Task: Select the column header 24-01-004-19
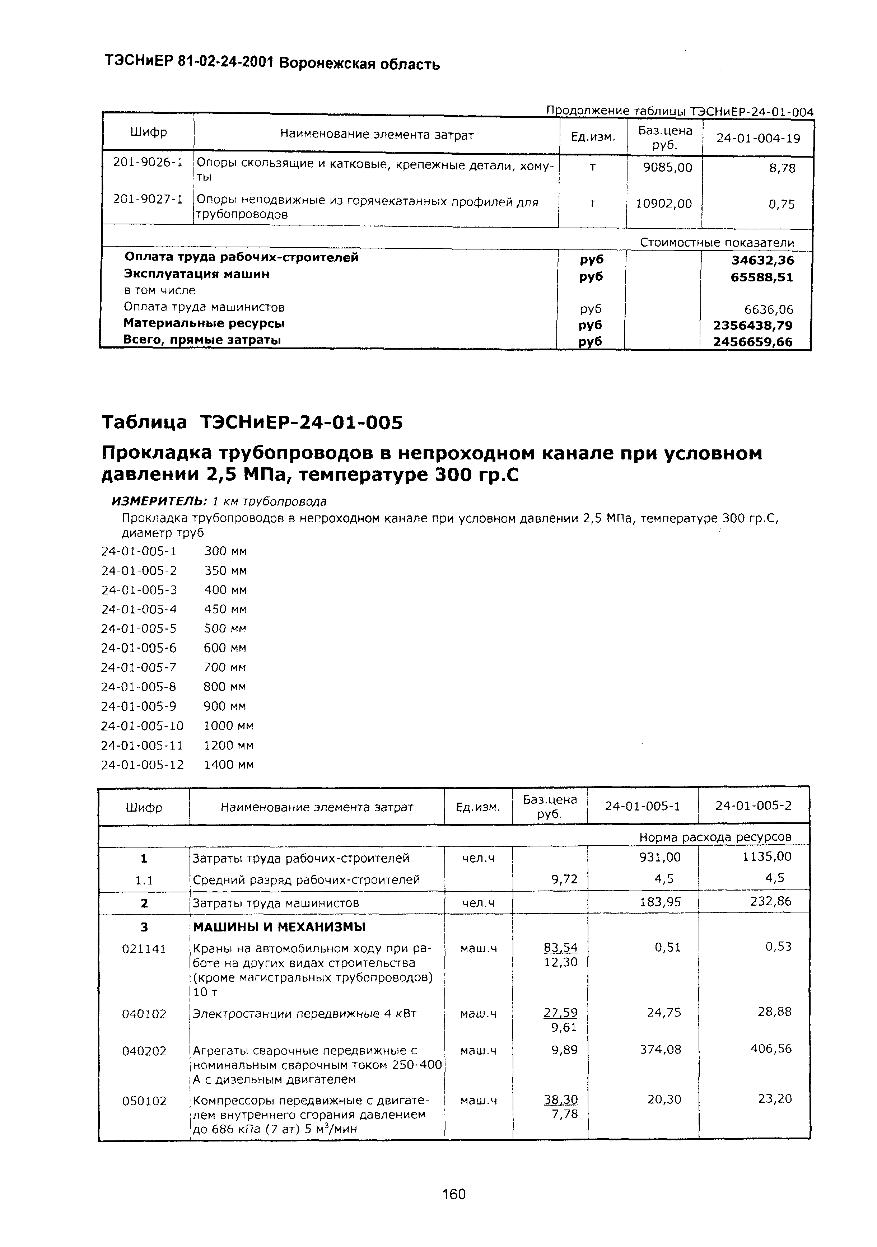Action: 758,139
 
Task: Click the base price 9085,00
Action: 667,168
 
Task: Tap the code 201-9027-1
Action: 148,199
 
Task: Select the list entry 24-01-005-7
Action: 139,667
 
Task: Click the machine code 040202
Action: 144,1051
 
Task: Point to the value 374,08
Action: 664,1049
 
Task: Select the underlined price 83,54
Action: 560,948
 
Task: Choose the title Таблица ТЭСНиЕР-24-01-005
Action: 252,422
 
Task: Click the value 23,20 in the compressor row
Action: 775,1099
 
